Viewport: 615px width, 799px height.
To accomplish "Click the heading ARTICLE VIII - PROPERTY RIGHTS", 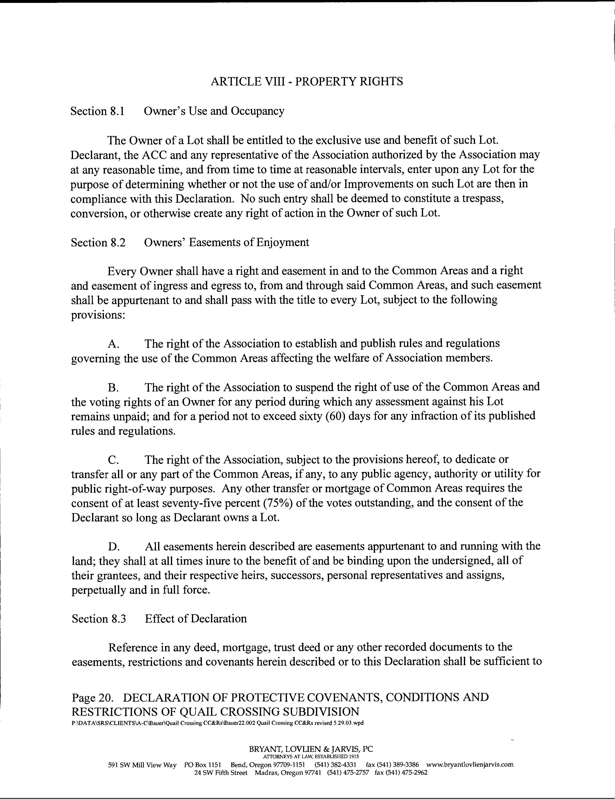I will tap(307, 81).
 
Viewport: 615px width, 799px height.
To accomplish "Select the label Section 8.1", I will tap(97, 111).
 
